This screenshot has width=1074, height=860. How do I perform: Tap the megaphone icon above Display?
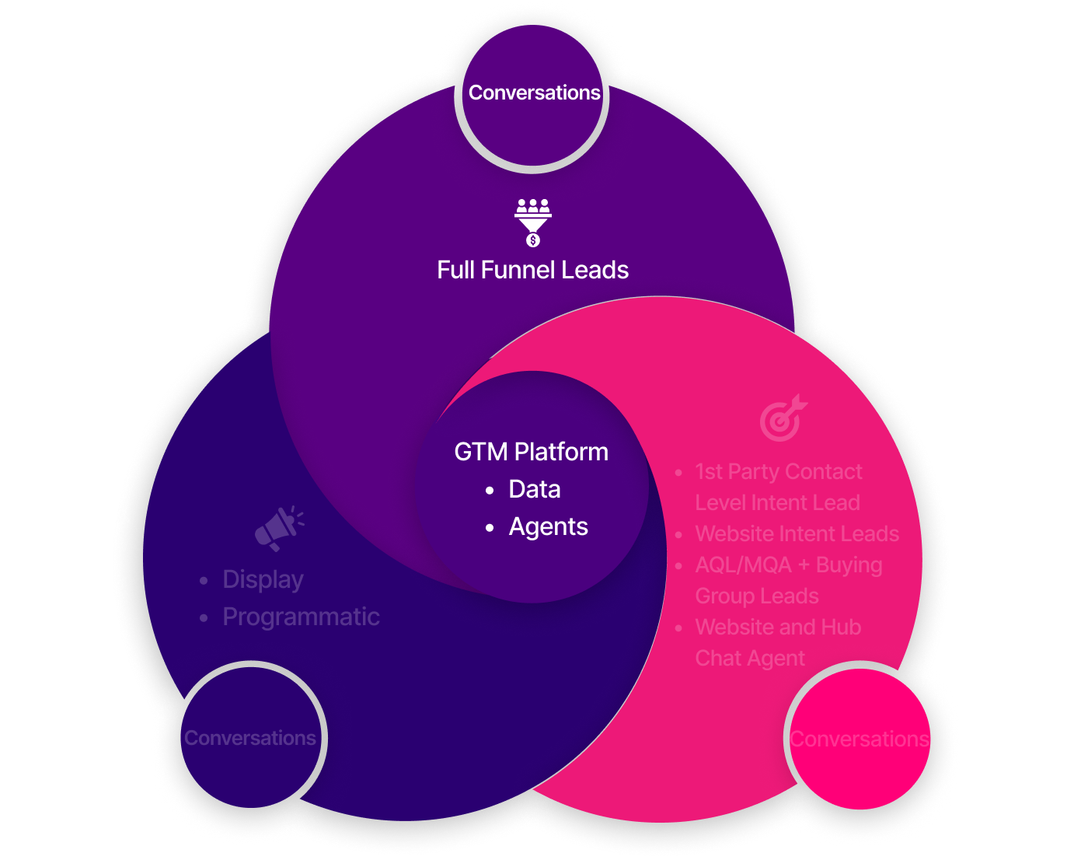tap(278, 529)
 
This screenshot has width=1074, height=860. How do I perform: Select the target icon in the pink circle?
tap(783, 419)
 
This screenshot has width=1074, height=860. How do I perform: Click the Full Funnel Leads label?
tap(532, 270)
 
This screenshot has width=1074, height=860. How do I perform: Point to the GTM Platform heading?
tap(531, 452)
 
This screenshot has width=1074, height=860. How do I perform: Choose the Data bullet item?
tap(534, 489)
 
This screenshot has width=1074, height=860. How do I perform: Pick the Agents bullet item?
tap(548, 526)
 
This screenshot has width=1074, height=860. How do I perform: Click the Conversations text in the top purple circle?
tap(534, 93)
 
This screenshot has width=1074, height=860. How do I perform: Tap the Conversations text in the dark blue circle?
tap(249, 738)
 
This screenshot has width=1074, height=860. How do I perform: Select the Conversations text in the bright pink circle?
tap(859, 739)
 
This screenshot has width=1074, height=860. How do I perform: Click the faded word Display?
tap(263, 579)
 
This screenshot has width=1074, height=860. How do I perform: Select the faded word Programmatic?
tap(301, 617)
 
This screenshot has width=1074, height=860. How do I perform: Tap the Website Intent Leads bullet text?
tap(797, 533)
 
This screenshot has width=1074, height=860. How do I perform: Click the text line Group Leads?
tap(756, 596)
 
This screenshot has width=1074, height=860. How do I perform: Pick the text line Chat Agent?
tap(749, 658)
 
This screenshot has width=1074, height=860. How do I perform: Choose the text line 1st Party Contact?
tap(778, 471)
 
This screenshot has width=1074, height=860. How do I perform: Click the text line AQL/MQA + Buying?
tap(788, 565)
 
